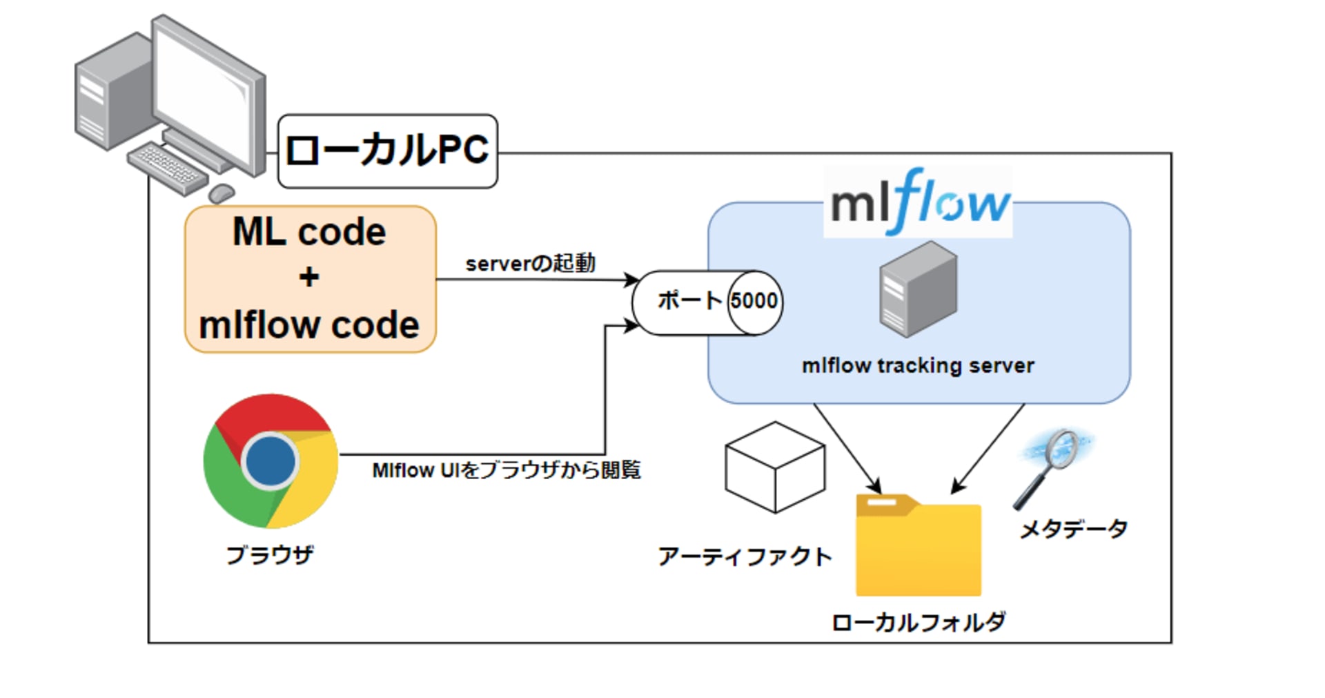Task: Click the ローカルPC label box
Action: point(387,151)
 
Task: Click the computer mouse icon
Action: point(222,193)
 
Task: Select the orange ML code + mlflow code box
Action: point(310,279)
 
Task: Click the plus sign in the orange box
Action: point(309,278)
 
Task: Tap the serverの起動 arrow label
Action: point(530,263)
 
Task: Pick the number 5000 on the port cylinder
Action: point(754,301)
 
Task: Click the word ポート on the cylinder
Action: point(689,301)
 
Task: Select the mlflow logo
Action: point(919,202)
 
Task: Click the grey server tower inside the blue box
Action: point(918,289)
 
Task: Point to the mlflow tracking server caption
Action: point(918,365)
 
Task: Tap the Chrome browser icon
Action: point(271,461)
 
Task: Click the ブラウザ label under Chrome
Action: point(270,554)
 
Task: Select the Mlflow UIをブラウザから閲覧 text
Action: point(506,470)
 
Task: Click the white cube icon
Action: point(775,467)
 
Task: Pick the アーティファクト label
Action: point(745,556)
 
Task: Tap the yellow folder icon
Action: point(918,545)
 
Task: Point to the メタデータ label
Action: point(1073,530)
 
